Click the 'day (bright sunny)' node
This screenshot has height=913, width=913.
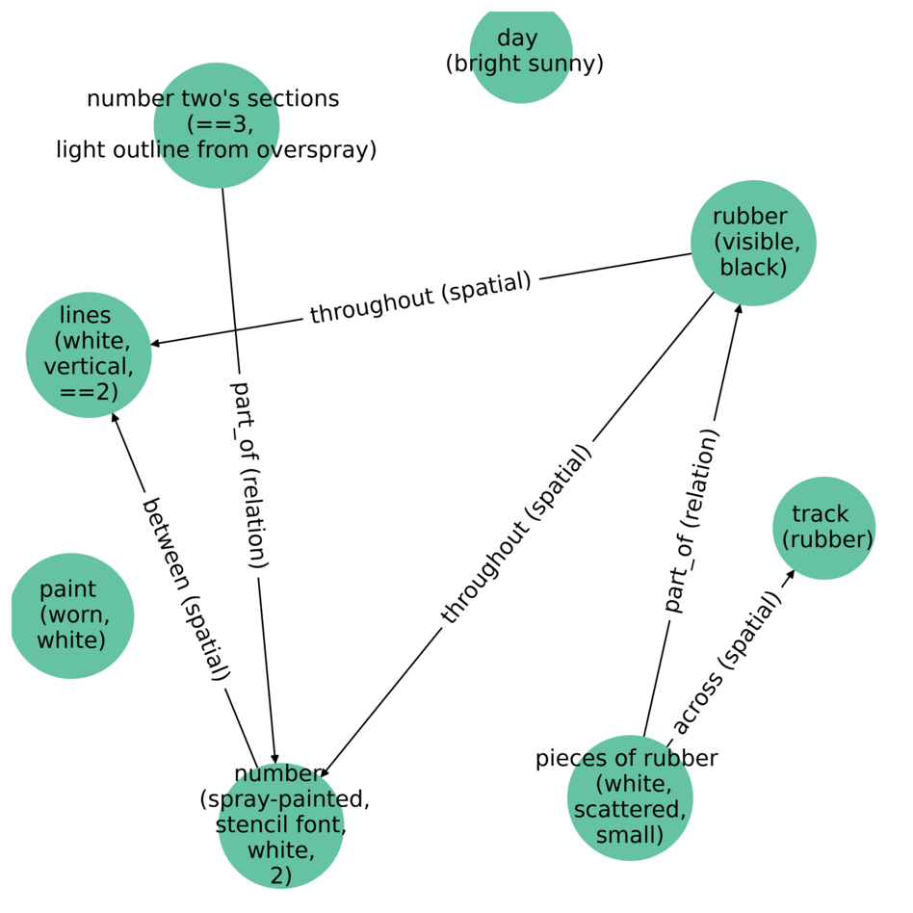pyautogui.click(x=521, y=52)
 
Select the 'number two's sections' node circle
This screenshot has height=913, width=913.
pyautogui.click(x=217, y=125)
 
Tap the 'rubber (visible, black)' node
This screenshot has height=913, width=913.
pyautogui.click(x=753, y=243)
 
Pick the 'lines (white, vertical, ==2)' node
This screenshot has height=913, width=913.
pyautogui.click(x=89, y=354)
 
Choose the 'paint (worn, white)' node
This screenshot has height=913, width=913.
pyautogui.click(x=71, y=615)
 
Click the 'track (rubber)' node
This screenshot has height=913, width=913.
pyautogui.click(x=823, y=528)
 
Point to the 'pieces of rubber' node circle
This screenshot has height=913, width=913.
pyautogui.click(x=630, y=798)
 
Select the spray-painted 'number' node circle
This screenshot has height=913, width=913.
pyautogui.click(x=281, y=825)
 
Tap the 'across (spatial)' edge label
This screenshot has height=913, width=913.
pyautogui.click(x=725, y=664)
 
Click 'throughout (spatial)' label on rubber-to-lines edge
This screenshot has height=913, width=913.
pyautogui.click(x=421, y=298)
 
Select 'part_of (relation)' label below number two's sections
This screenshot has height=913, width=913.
pyautogui.click(x=248, y=475)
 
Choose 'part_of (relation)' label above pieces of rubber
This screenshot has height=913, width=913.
pyautogui.click(x=691, y=521)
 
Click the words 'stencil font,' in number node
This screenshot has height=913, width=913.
pyautogui.click(x=281, y=825)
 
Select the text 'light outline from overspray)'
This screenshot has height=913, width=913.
pyautogui.click(x=217, y=150)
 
